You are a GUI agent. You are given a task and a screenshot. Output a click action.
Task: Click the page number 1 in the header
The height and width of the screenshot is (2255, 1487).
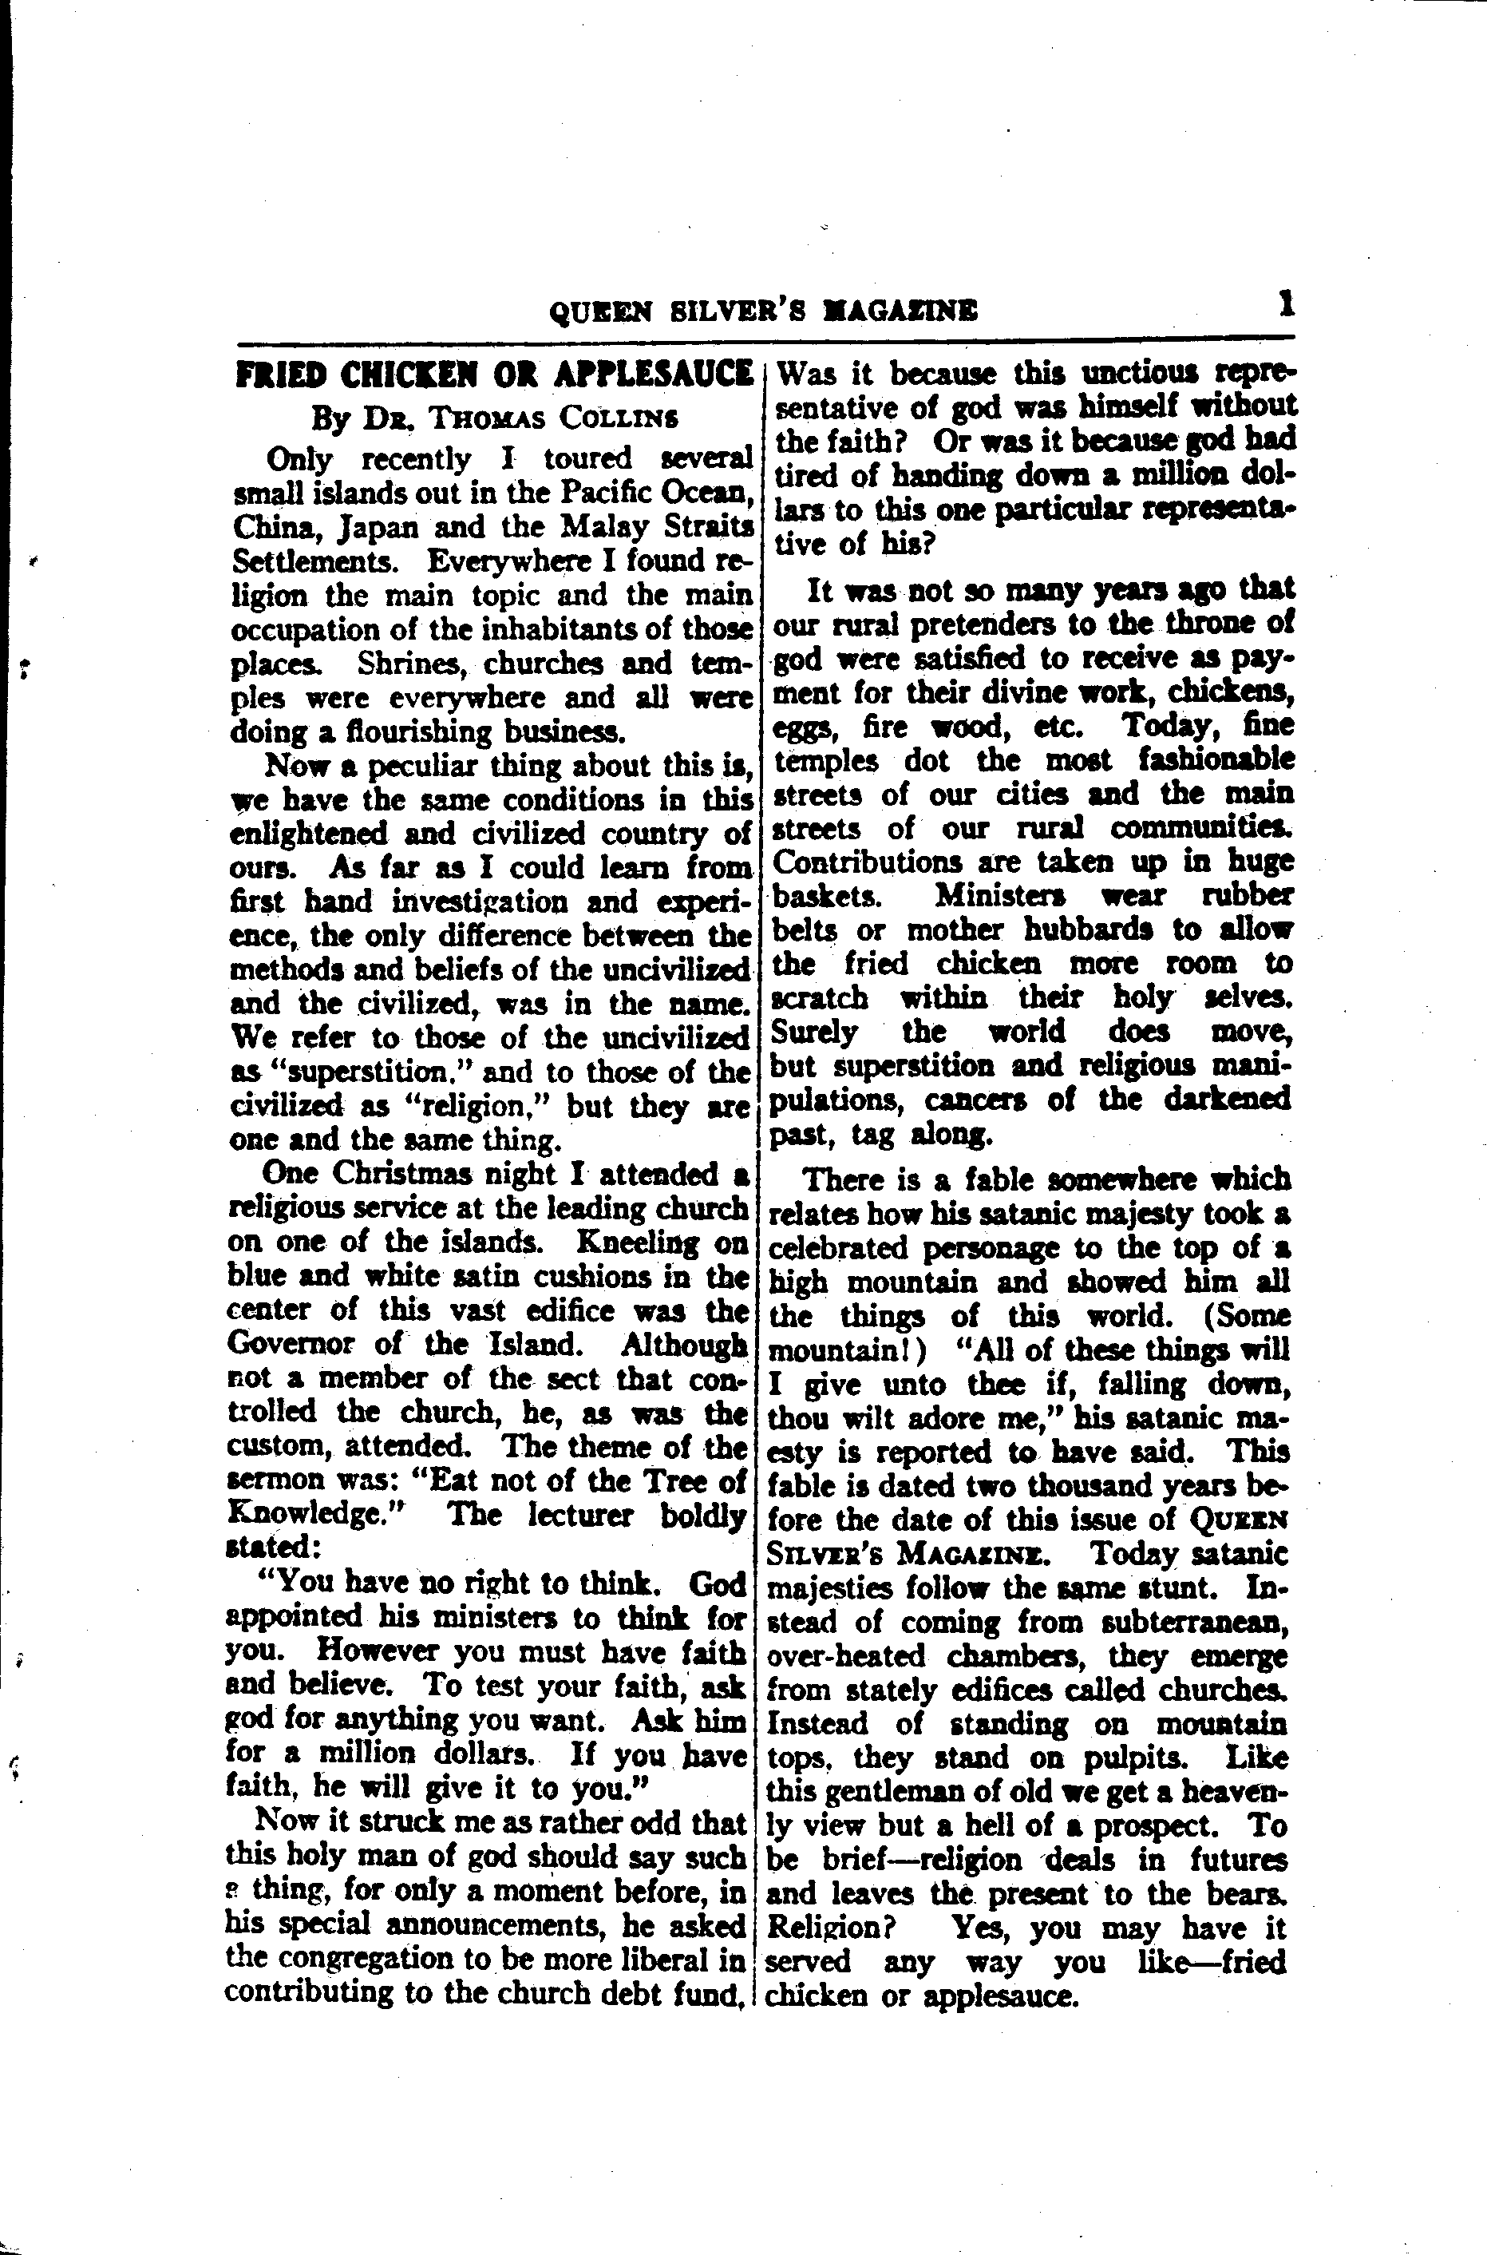click(1285, 307)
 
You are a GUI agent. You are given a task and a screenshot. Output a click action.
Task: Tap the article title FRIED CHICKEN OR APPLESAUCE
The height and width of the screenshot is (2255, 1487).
click(493, 375)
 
